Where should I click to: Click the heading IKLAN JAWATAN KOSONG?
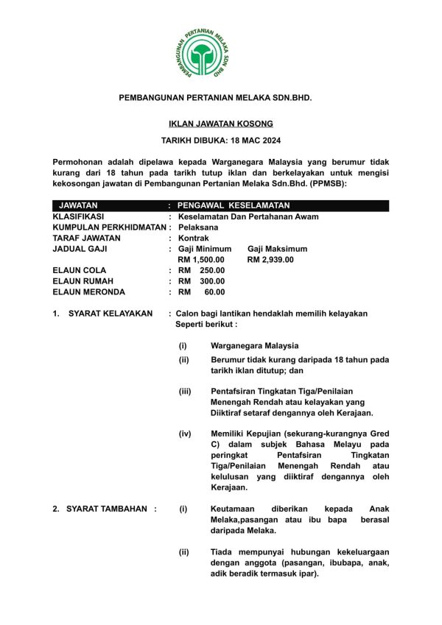[221, 124]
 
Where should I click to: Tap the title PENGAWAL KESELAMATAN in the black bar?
[234, 205]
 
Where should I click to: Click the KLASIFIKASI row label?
[79, 217]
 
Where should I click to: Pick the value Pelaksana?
[198, 227]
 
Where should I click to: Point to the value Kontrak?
[194, 239]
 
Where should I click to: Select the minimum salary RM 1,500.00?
[201, 259]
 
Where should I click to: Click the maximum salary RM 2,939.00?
[270, 259]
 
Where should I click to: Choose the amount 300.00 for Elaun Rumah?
[212, 281]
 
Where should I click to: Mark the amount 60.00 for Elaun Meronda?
[214, 292]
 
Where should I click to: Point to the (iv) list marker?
[185, 434]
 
